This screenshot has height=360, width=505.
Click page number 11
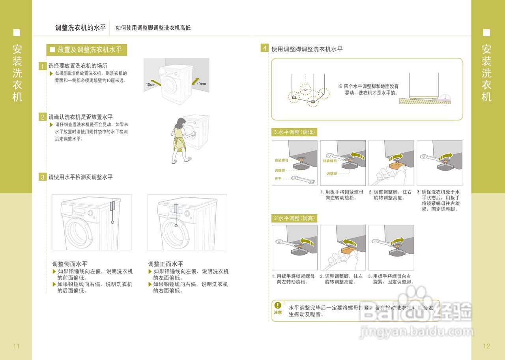pyautogui.click(x=16, y=346)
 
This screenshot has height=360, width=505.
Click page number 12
pyautogui.click(x=486, y=346)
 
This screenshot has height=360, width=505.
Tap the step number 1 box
pyautogui.click(x=43, y=66)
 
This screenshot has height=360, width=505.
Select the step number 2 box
pyautogui.click(x=43, y=117)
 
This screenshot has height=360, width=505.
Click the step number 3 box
pyautogui.click(x=43, y=177)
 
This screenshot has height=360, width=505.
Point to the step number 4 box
pyautogui.click(x=265, y=49)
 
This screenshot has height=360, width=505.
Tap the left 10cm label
pyautogui.click(x=150, y=84)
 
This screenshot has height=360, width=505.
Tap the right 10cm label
pyautogui.click(x=201, y=84)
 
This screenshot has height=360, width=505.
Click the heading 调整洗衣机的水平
pyautogui.click(x=80, y=28)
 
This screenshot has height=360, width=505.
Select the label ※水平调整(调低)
pyautogui.click(x=294, y=132)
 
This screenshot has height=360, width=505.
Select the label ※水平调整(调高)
pyautogui.click(x=294, y=218)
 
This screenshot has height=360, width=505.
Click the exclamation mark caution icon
pyautogui.click(x=278, y=305)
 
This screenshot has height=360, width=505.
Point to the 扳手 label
pyautogui.click(x=278, y=179)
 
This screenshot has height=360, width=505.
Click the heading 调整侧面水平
pyautogui.click(x=70, y=264)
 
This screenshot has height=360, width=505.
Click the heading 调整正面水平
pyautogui.click(x=166, y=264)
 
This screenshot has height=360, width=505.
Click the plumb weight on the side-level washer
pyautogui.click(x=112, y=223)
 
